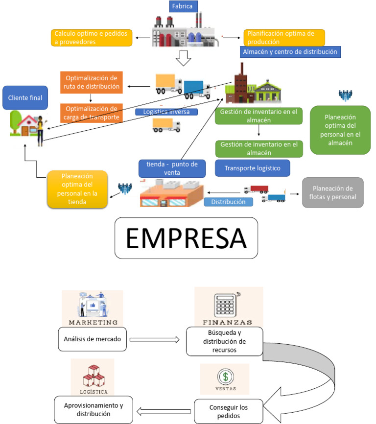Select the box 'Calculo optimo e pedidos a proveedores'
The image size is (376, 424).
tap(92, 38)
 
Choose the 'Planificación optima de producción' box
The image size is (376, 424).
tap(284, 38)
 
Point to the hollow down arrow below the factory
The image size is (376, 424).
tap(184, 57)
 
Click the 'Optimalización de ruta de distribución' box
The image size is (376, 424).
tap(91, 82)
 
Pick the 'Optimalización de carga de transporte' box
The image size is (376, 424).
tap(91, 113)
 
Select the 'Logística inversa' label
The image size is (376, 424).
tap(166, 112)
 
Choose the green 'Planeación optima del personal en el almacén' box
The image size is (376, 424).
tap(340, 130)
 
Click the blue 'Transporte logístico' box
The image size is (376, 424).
tap(252, 168)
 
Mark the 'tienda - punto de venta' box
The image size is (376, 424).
tap(172, 168)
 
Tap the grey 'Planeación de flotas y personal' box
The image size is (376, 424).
tap(332, 192)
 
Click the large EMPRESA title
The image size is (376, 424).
tap(186, 238)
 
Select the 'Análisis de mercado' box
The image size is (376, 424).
tap(92, 339)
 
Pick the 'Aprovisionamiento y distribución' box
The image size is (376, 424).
tap(94, 410)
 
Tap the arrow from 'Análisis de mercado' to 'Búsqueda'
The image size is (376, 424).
tap(156, 339)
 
